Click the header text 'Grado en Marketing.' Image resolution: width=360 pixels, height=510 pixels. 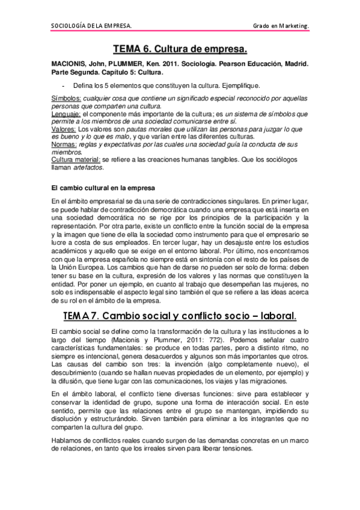[x=281, y=26]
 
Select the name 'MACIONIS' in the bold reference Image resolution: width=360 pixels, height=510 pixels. [x=70, y=63]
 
